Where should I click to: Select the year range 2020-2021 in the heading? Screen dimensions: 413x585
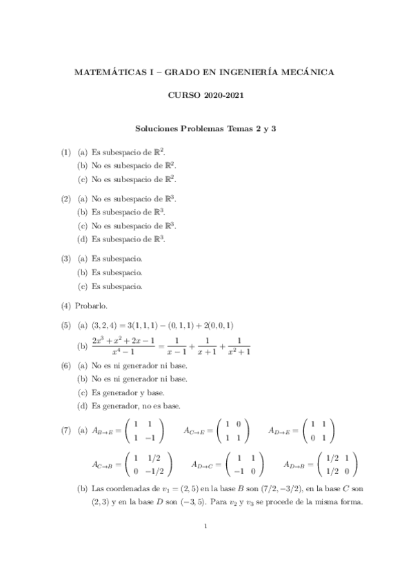pyautogui.click(x=223, y=99)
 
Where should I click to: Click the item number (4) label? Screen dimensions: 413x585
pyautogui.click(x=66, y=304)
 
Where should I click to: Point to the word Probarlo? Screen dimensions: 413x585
pyautogui.click(x=90, y=304)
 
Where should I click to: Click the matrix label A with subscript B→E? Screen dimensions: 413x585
pyautogui.click(x=106, y=430)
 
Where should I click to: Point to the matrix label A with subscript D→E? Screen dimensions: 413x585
pyautogui.click(x=283, y=430)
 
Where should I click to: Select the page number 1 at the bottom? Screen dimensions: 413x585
pyautogui.click(x=206, y=528)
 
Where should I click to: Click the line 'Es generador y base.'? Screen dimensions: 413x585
pyautogui.click(x=128, y=392)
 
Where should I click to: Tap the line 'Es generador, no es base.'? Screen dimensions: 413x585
pyautogui.click(x=136, y=405)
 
